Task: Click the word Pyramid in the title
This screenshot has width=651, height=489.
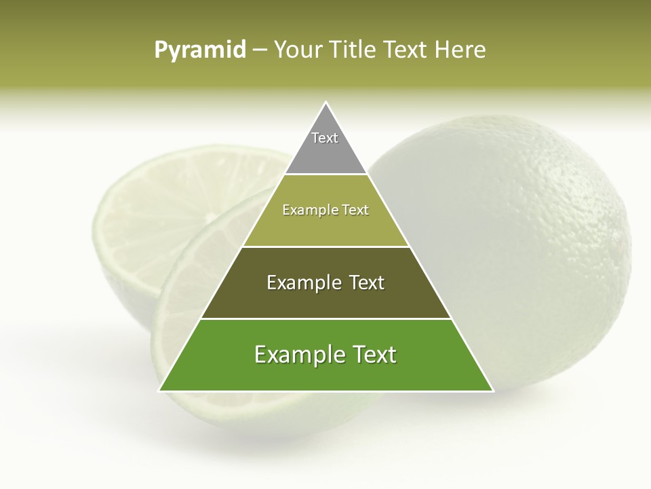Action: (x=200, y=50)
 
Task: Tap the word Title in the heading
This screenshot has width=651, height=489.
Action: (x=354, y=50)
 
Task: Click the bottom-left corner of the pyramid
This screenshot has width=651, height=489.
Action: (x=160, y=390)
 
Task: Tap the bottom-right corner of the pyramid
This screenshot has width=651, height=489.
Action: (x=492, y=390)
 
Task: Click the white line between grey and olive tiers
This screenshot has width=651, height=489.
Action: (x=325, y=175)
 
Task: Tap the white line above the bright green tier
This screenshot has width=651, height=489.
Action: (x=325, y=319)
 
